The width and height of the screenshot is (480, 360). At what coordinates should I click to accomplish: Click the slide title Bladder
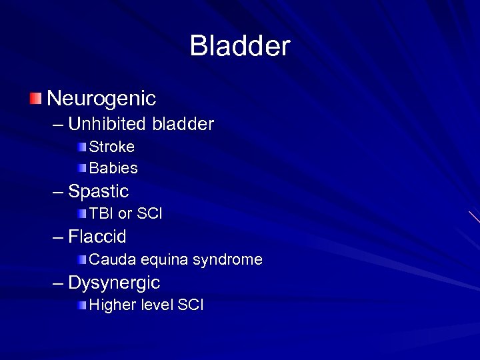pos(240,47)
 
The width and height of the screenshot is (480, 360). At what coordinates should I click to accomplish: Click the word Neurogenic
pos(102,99)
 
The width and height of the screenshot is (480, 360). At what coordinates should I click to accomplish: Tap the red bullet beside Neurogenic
pos(35,99)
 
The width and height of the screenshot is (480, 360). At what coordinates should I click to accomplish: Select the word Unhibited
pos(108,124)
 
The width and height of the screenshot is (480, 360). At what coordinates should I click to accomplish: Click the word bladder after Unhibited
pos(183,124)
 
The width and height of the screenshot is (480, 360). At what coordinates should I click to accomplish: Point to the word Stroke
pos(112,146)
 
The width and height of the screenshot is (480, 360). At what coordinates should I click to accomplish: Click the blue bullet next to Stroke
pos(81,146)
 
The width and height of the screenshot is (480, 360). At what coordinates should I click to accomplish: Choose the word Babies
pos(113,167)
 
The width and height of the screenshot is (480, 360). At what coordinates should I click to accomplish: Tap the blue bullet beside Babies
pos(81,167)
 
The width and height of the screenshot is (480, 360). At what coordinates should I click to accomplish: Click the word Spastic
pos(99,192)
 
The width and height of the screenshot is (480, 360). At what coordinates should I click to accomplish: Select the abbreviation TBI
pos(101,214)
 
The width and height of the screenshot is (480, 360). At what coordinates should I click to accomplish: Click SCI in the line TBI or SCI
pos(149,214)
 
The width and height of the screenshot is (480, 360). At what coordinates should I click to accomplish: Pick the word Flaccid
pos(97,237)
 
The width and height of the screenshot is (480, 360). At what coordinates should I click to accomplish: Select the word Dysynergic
pos(114,283)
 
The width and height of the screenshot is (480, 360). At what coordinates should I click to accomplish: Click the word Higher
pos(111,305)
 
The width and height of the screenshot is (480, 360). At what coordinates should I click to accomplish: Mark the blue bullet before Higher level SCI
pos(81,305)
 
